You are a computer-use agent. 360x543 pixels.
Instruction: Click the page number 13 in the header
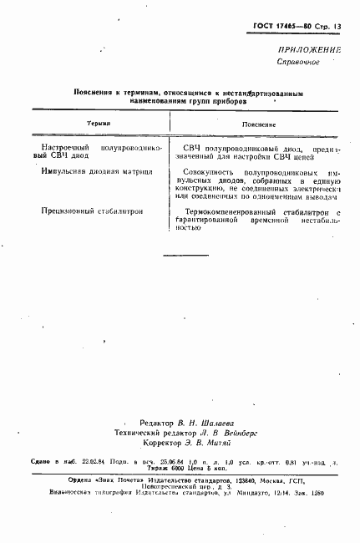(x=337, y=27)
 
